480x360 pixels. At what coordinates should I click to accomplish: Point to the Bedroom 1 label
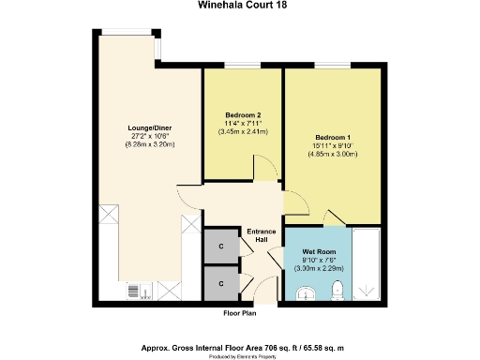333,137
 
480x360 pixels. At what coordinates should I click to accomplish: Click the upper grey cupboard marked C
220,247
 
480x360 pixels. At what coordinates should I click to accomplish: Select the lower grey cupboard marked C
220,282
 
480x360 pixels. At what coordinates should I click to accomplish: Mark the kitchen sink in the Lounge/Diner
136,292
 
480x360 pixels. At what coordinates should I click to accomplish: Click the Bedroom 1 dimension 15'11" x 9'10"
333,145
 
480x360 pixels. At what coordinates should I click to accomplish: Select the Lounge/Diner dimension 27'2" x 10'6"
150,136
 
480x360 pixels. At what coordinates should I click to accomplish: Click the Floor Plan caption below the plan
240,312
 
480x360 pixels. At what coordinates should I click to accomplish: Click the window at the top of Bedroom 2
242,65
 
